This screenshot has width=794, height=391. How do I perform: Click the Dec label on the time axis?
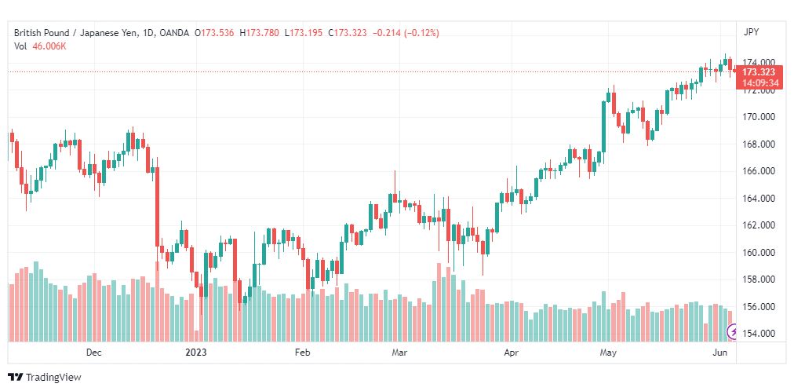pyautogui.click(x=93, y=353)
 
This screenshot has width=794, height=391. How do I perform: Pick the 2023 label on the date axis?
pyautogui.click(x=196, y=353)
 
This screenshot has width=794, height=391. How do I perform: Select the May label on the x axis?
pyautogui.click(x=608, y=353)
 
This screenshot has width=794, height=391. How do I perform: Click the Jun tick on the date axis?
pyautogui.click(x=720, y=353)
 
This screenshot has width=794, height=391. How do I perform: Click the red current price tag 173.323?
pyautogui.click(x=759, y=72)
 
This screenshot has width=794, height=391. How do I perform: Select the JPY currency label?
pyautogui.click(x=751, y=32)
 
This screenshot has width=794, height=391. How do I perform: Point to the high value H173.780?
pyautogui.click(x=259, y=33)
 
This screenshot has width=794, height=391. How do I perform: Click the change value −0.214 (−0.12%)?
pyautogui.click(x=406, y=33)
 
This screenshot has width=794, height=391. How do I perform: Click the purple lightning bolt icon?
pyautogui.click(x=732, y=332)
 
